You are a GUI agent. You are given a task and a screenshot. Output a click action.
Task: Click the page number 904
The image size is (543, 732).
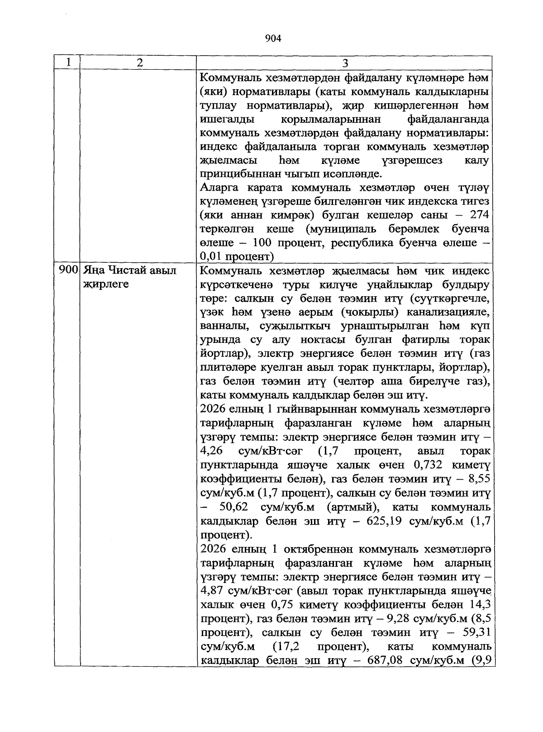[x=273, y=39]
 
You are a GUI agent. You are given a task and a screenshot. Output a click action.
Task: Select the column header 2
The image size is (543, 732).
[x=139, y=63]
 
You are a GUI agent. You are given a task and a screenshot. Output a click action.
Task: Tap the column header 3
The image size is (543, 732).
[x=345, y=63]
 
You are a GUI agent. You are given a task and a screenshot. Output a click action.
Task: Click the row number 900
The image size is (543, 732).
[x=67, y=271]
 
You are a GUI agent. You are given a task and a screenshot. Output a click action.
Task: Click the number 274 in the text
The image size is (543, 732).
[x=479, y=215]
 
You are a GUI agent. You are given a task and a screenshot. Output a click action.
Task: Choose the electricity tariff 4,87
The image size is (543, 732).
[x=210, y=591]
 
